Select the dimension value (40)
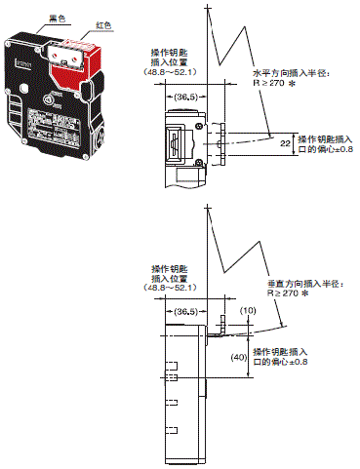(235, 357)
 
